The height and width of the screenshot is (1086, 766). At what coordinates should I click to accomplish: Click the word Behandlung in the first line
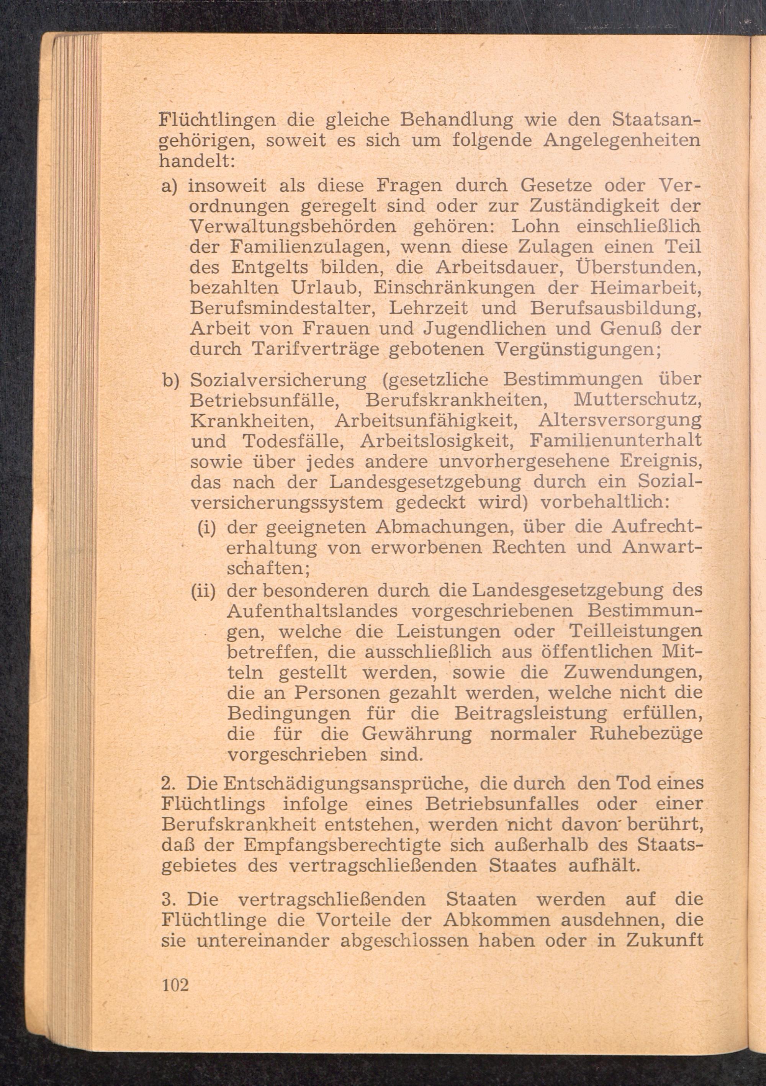click(x=457, y=120)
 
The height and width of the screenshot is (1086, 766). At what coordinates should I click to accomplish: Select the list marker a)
click(x=169, y=185)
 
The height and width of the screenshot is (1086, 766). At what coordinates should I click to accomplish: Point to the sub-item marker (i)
click(x=207, y=528)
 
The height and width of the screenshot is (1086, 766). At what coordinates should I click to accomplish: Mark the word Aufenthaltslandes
click(x=312, y=612)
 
